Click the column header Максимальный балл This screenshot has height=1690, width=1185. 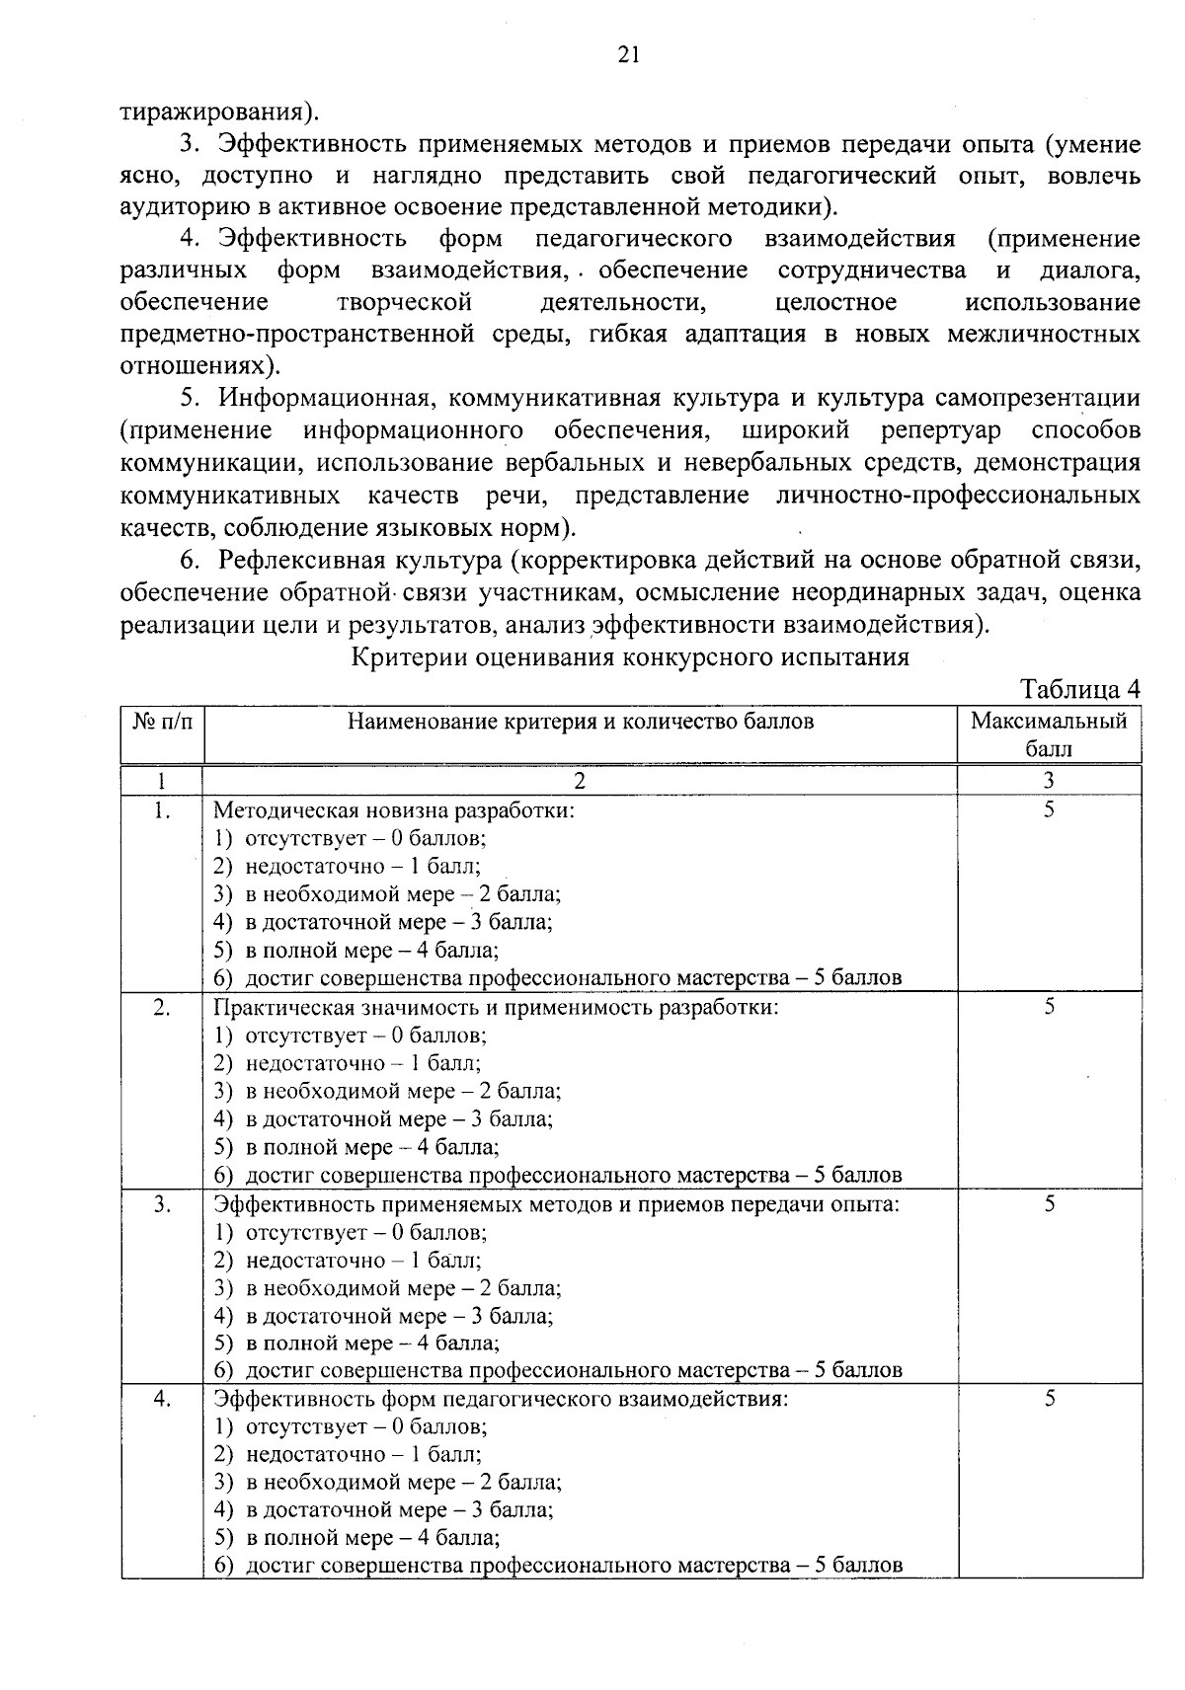point(1049,733)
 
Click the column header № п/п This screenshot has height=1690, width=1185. point(162,721)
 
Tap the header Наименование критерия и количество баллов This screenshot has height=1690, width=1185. point(581,721)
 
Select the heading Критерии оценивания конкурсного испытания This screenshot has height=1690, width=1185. point(630,657)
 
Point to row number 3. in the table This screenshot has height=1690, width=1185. point(163,1203)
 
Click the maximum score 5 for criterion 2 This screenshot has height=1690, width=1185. point(1050,1006)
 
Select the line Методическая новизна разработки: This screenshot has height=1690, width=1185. point(394,810)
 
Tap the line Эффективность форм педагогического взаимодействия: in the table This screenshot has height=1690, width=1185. point(501,1399)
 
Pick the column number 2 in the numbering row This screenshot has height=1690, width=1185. point(581,780)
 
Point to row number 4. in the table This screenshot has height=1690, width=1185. point(163,1399)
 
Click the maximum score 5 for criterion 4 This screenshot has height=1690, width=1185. point(1050,1399)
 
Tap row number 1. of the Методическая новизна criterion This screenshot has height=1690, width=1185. point(163,810)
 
